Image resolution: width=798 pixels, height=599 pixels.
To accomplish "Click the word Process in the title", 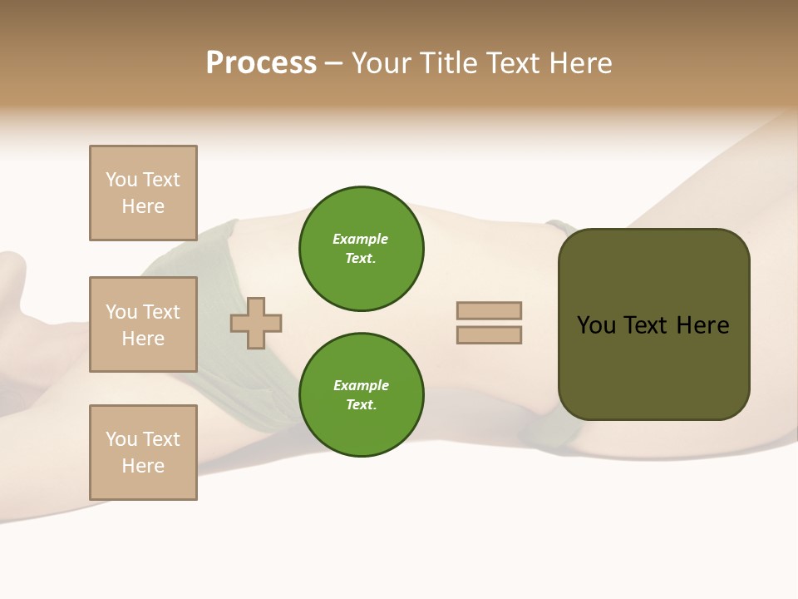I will point(261,63).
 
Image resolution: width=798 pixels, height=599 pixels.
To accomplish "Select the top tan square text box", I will point(143,193).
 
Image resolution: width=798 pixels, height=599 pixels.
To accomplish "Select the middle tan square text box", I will point(143,324).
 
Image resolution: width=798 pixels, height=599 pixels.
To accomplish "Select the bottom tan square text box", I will point(143,453).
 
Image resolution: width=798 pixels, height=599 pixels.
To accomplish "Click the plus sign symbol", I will point(256,324).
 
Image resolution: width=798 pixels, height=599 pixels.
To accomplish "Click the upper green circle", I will point(362,249).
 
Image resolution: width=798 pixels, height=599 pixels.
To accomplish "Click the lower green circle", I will point(362,395).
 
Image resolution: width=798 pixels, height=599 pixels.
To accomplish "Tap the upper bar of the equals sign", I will point(489,311).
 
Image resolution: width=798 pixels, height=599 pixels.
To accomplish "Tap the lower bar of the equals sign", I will point(489,335).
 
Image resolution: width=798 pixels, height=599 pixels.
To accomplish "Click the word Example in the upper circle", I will point(361,239).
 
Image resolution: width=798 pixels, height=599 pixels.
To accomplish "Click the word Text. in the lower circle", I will point(361,405).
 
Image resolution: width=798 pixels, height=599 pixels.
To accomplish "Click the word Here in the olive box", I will point(702,325).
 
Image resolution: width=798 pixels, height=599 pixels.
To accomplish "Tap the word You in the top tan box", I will point(121,180).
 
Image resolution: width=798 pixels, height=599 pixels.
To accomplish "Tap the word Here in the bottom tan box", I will point(143,466).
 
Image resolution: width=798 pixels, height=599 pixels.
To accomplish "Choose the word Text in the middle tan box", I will point(161,312).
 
